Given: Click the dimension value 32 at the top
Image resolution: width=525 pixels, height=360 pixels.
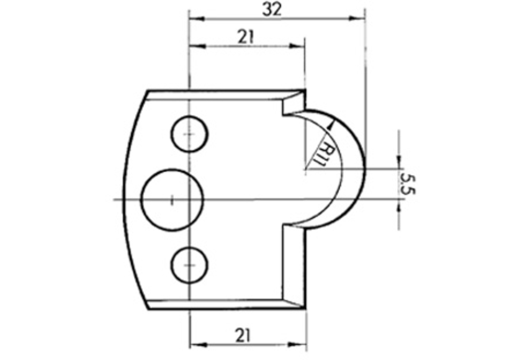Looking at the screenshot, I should point(276,9).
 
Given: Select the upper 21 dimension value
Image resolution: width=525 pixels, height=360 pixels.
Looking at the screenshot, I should point(246,37).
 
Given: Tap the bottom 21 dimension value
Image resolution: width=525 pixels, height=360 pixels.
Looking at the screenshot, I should point(243,335).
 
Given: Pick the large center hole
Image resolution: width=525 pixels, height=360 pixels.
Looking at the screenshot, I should point(173,199).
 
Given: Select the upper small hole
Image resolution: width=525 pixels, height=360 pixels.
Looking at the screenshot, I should point(189,133).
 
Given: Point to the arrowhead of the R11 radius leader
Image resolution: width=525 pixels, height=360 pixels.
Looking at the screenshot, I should point(330,124).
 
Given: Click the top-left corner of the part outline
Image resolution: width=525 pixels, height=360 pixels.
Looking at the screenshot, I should point(147,91).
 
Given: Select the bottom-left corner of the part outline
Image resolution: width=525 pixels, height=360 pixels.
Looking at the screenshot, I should point(147,308).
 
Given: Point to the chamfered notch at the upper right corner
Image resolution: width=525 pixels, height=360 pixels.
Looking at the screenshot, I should point(294,102).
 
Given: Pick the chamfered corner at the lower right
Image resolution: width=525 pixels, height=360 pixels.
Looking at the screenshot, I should point(295,298).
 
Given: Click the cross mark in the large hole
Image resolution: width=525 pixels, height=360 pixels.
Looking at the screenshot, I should point(172,199).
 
